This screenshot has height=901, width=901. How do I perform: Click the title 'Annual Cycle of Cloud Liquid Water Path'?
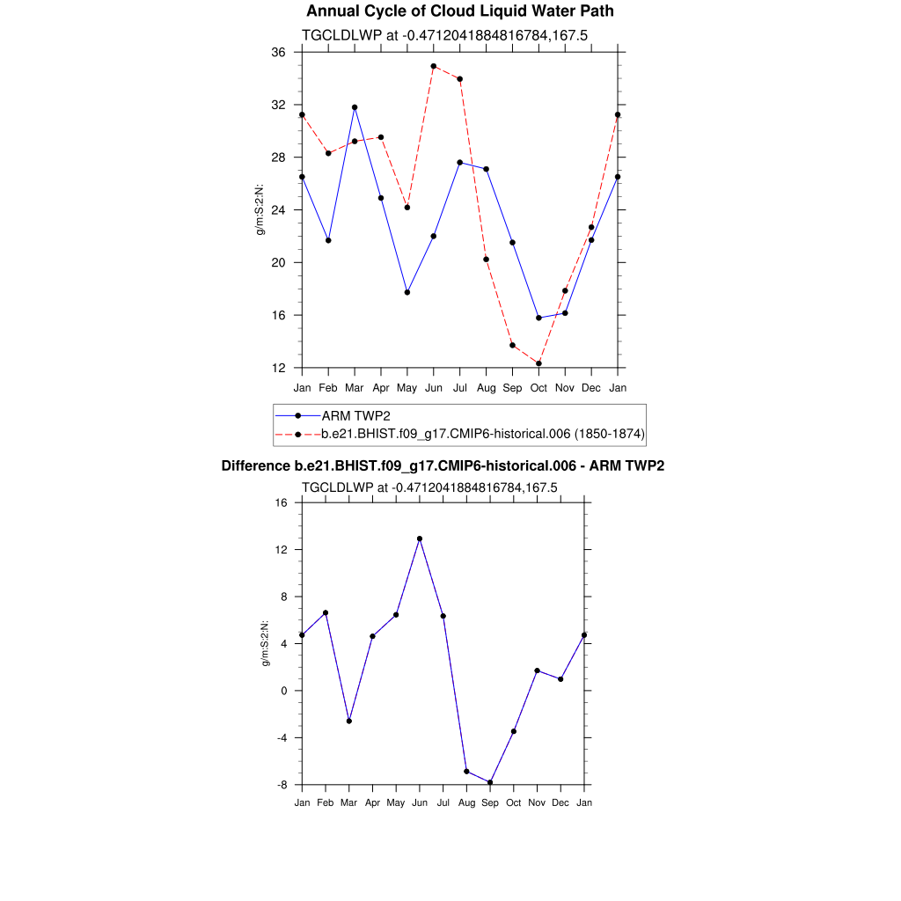pos(460,11)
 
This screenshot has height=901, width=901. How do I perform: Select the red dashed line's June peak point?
pos(434,66)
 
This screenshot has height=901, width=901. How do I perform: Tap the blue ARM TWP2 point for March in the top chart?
pos(355,107)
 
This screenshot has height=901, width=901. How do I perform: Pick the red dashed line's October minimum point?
pos(538,363)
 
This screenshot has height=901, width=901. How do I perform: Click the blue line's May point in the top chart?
pos(407,292)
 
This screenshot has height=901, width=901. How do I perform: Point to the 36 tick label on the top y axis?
pos(278,52)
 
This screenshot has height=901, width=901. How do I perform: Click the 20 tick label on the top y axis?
pos(278,263)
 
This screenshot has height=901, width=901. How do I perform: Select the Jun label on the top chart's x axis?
pos(434,388)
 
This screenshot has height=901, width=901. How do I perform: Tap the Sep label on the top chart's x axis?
pos(512,388)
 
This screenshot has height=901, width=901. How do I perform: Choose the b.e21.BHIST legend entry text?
pos(483,434)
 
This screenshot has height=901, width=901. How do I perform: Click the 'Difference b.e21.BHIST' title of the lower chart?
pos(443,465)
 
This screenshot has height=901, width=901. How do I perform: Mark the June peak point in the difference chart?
pos(420,538)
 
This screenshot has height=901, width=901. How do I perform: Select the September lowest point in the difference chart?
pos(490,782)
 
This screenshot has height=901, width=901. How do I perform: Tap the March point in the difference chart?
pos(349,721)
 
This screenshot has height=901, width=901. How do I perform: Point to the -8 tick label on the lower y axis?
pos(282,785)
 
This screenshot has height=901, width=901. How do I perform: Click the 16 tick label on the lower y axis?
pos(282,503)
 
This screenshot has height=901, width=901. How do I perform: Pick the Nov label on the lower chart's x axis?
pos(537,802)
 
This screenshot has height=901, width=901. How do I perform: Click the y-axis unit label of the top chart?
pos(260,209)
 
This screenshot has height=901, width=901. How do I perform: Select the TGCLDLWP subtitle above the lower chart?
pos(429,487)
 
